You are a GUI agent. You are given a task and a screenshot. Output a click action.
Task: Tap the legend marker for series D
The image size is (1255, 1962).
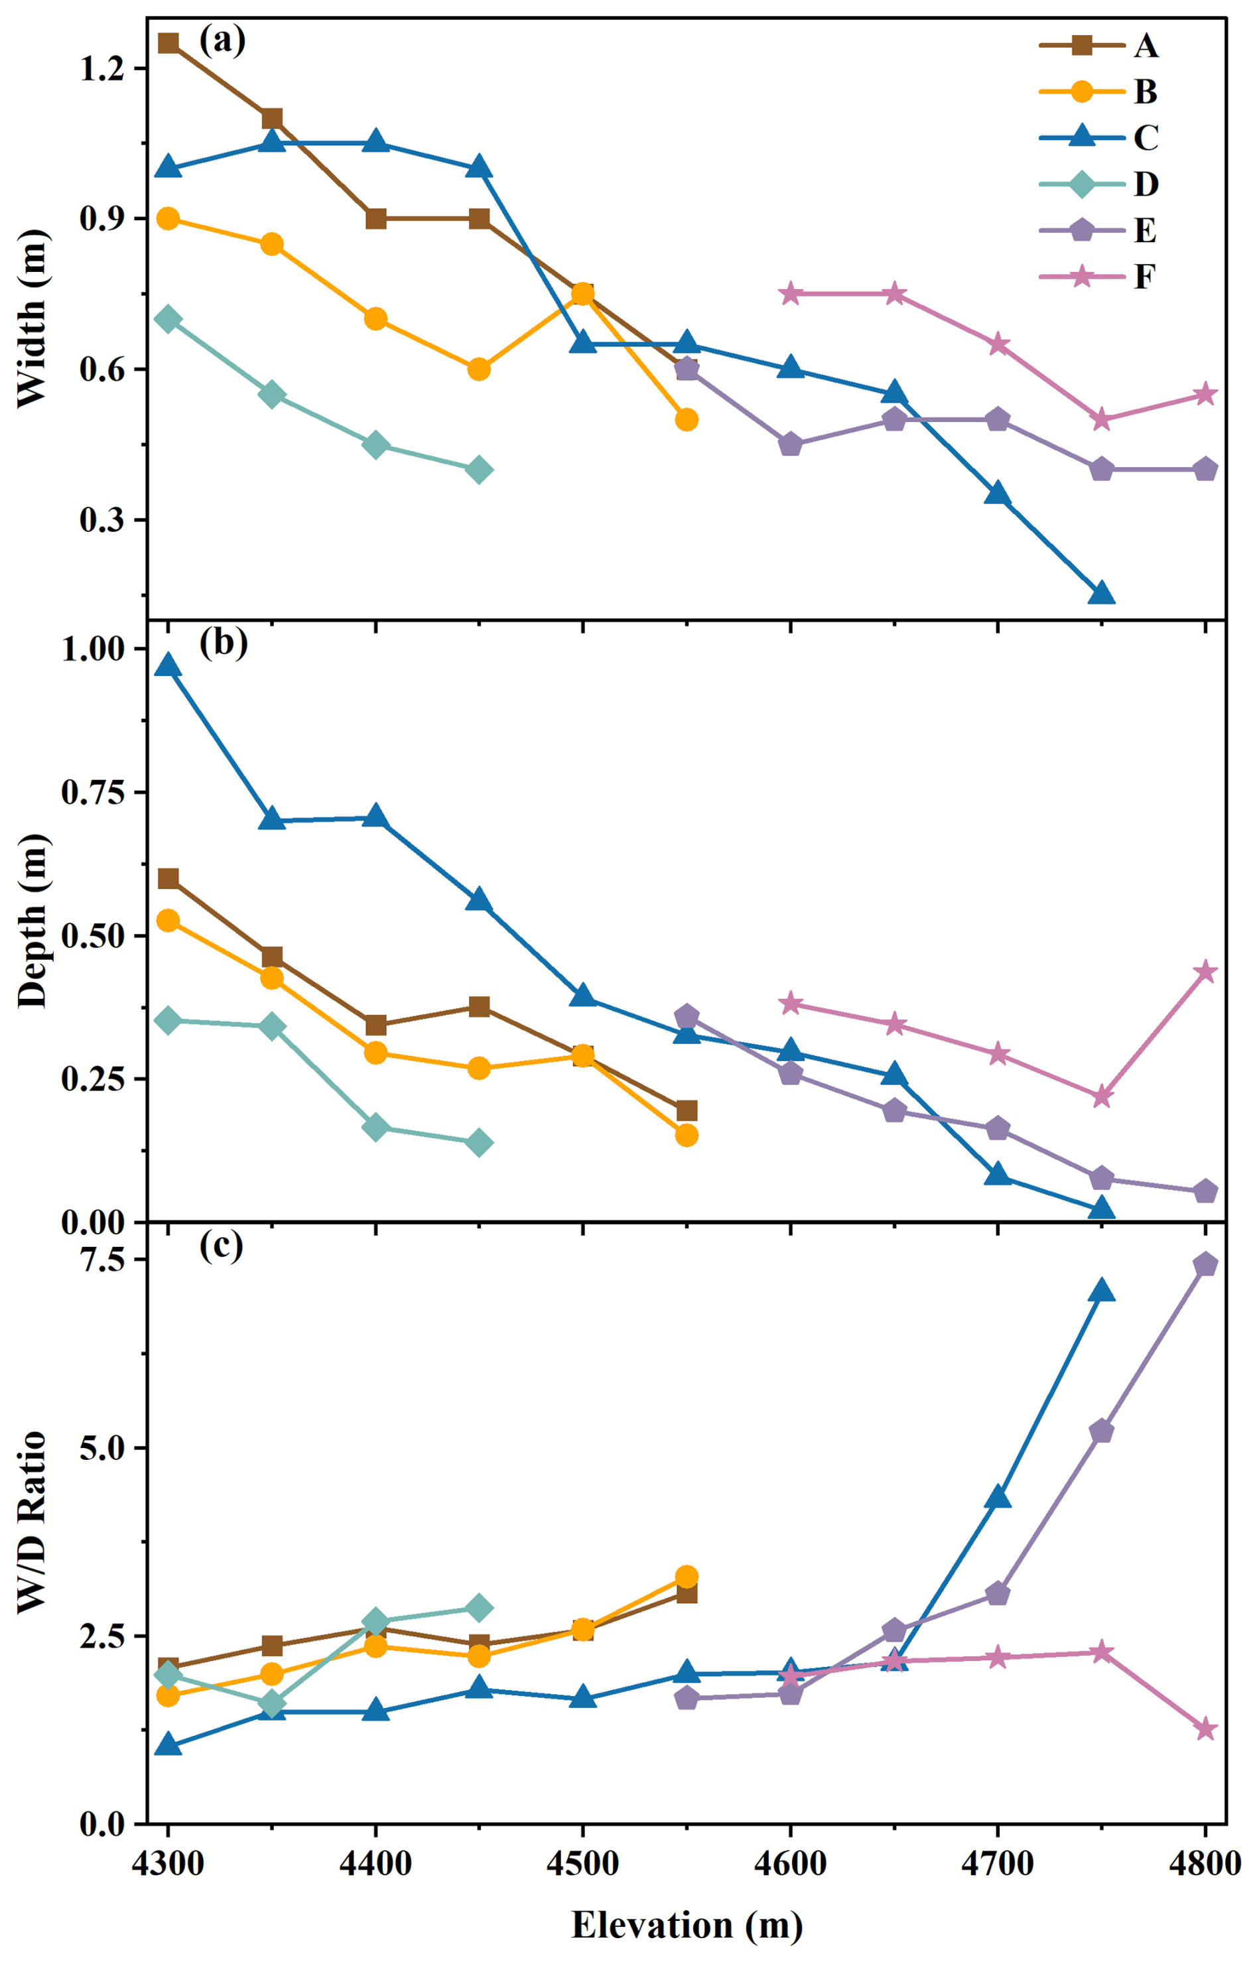pos(1081,184)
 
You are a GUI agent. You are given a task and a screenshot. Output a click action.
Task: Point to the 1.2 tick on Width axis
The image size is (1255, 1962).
pos(102,68)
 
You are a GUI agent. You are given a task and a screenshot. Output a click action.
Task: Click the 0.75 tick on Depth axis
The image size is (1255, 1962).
pos(93,792)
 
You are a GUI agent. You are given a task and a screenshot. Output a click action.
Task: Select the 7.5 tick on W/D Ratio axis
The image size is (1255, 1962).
pos(102,1260)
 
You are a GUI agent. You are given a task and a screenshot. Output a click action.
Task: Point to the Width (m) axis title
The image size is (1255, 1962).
pos(33,318)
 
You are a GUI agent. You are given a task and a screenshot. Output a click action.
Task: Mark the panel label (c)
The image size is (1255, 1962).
pos(222,1246)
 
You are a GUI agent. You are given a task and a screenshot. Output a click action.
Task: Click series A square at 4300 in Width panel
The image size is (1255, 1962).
pos(168,43)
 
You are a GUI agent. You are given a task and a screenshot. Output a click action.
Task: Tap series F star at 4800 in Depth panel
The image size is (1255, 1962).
pos(1205,972)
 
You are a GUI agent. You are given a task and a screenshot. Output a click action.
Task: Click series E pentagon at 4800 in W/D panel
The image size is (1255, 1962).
pos(1205,1264)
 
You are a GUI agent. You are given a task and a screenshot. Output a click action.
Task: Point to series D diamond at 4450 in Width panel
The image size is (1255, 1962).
pos(479,470)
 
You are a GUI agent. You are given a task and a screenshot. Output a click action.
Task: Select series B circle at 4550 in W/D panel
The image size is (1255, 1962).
pos(687,1577)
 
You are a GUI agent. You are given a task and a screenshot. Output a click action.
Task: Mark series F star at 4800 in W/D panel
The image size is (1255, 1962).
pos(1205,1730)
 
